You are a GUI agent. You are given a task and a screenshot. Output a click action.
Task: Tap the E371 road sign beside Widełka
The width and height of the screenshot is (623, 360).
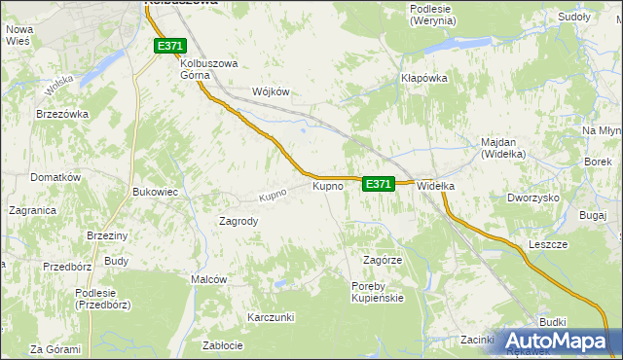[379, 183]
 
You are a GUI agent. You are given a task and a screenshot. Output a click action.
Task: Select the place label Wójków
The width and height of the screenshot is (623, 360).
[272, 91]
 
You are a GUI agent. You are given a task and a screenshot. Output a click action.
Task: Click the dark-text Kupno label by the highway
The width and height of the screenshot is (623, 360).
[327, 185]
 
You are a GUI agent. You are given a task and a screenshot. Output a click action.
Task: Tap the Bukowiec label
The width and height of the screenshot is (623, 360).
[155, 192]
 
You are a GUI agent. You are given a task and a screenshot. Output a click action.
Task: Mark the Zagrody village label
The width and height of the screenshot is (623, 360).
[238, 221]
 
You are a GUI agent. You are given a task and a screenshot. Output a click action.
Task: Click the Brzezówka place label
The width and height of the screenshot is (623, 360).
[62, 114]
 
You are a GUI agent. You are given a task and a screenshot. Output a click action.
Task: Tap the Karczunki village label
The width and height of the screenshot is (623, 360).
[271, 318]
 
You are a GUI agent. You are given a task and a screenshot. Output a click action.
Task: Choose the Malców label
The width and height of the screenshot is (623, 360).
[208, 279]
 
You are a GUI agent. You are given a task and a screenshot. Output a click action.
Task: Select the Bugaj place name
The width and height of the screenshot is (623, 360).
[592, 214]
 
